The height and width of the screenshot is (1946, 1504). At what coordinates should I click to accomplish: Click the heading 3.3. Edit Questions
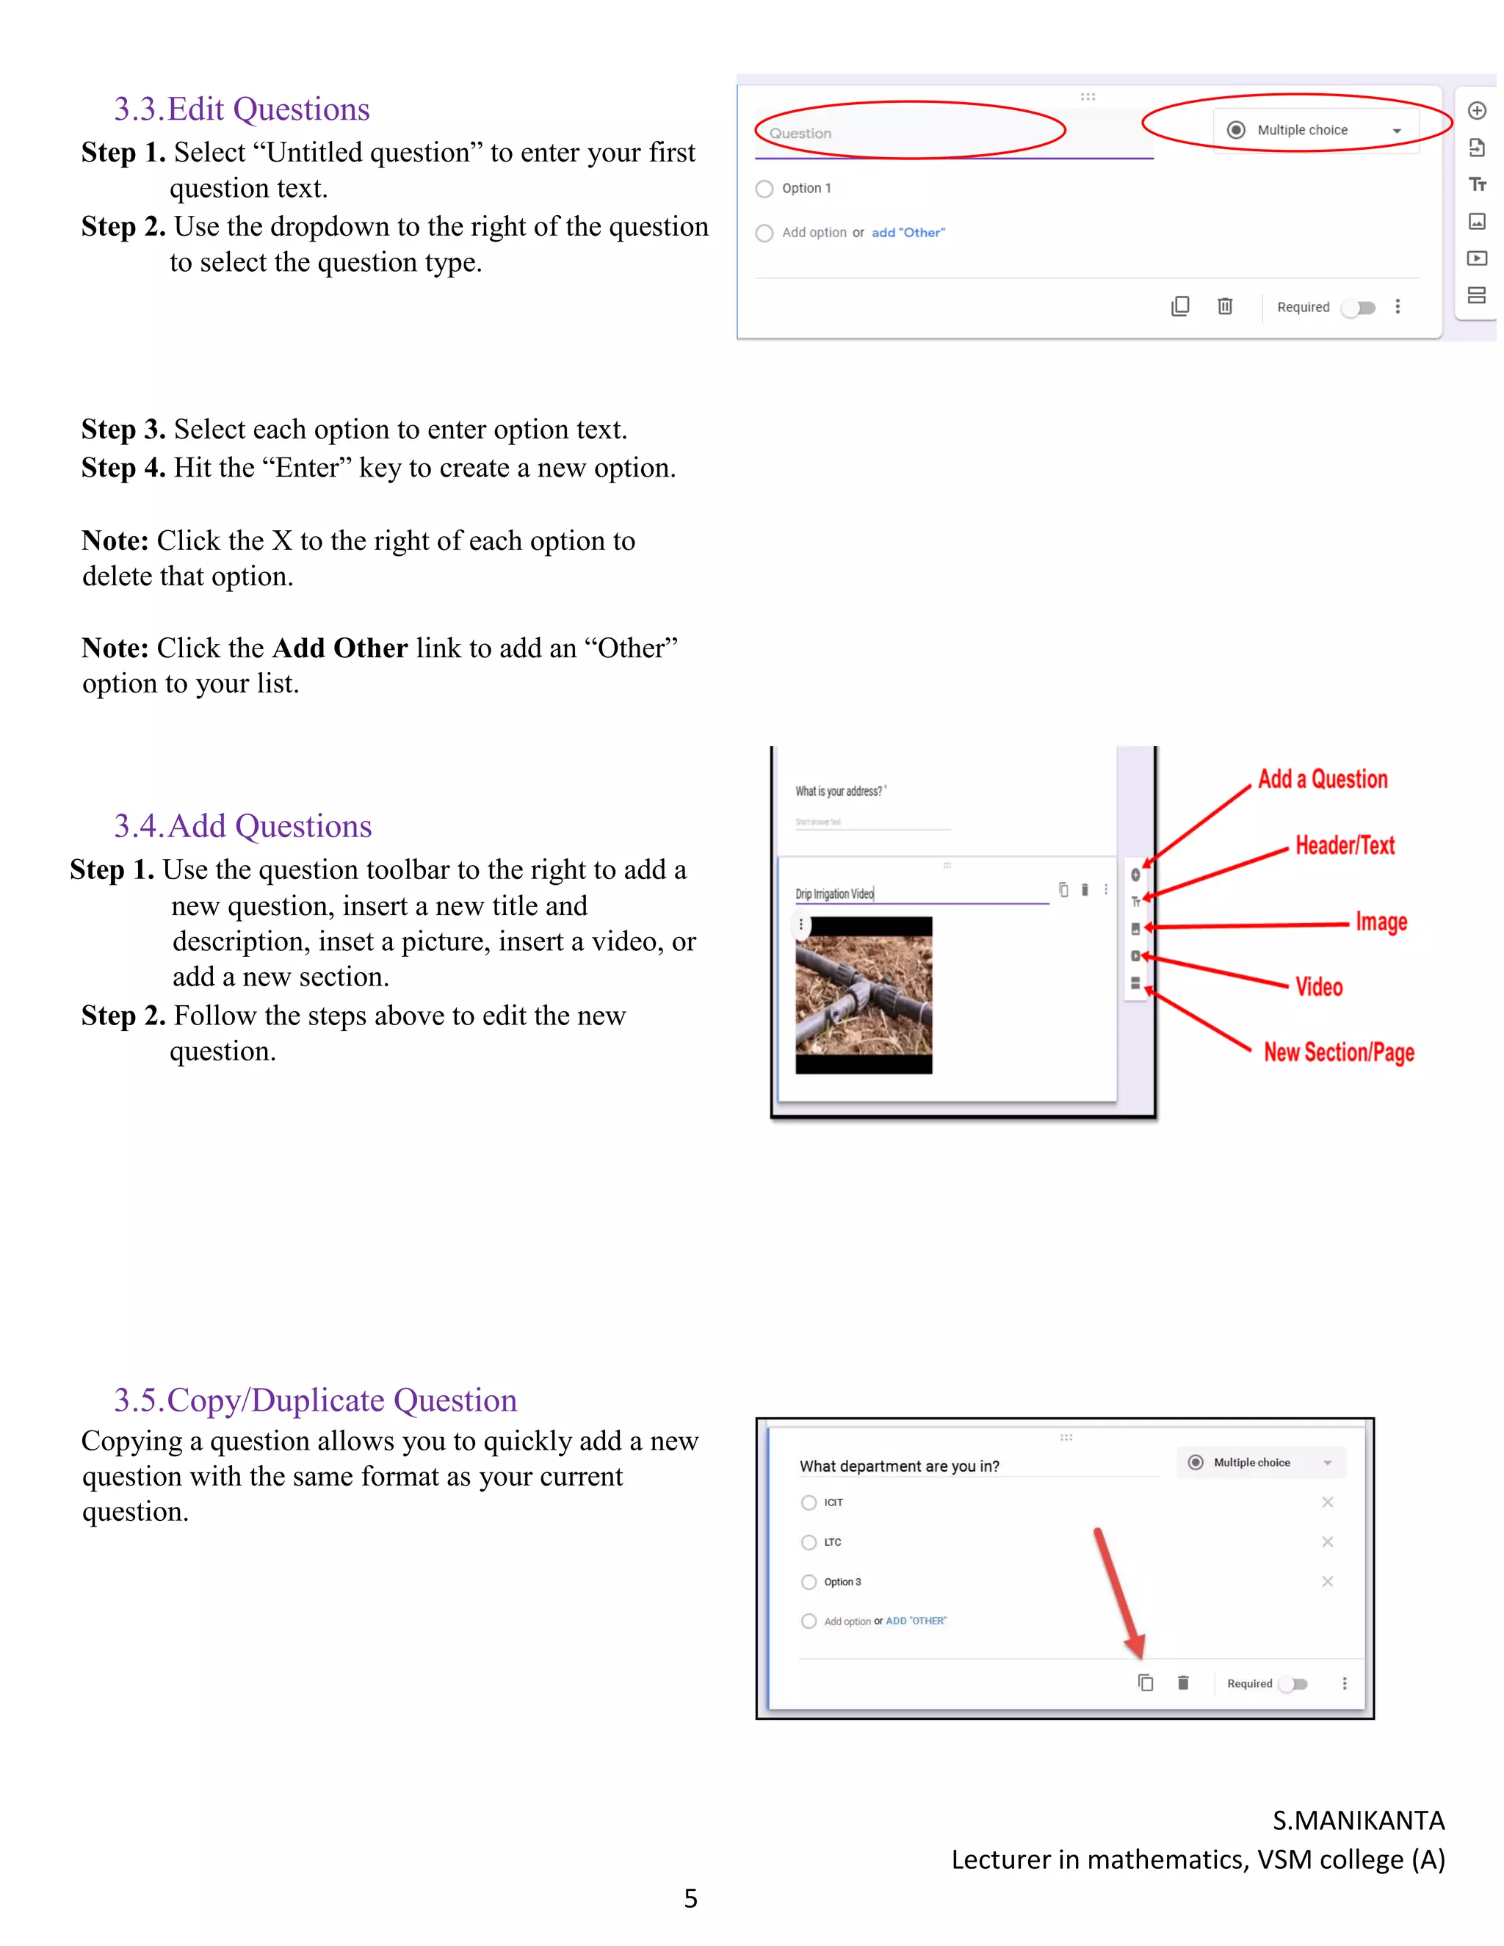coord(242,109)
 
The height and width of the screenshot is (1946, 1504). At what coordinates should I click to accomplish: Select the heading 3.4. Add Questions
coord(242,826)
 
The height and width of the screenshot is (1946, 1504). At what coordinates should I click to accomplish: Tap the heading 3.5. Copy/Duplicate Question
coord(315,1400)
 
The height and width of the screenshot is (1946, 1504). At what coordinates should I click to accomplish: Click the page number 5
coord(690,1898)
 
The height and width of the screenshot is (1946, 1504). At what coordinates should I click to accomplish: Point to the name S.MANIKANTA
coord(1358,1820)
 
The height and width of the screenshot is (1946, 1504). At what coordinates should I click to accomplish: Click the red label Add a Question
coord(1322,778)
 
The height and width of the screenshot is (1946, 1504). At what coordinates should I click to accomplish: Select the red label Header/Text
coord(1345,844)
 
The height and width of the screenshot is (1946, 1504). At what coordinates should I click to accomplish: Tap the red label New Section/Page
coord(1338,1052)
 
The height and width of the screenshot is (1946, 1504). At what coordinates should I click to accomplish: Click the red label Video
coord(1319,986)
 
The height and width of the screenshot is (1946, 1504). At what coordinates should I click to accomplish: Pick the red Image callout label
coord(1381,922)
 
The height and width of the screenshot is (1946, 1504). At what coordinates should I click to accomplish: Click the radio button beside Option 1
coord(764,189)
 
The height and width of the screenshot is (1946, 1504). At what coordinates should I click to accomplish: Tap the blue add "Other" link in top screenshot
coord(908,233)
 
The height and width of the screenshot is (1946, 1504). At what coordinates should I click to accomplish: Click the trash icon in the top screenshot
coord(1225,306)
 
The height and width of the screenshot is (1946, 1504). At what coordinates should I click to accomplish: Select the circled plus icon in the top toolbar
coord(1476,110)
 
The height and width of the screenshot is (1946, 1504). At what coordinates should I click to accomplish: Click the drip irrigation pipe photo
coord(864,994)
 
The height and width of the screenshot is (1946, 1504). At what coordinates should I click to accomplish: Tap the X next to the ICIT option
coord(1327,1502)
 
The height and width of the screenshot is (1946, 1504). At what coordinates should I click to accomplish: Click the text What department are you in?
coord(899,1466)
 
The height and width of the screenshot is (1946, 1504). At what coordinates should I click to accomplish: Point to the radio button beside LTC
coord(808,1542)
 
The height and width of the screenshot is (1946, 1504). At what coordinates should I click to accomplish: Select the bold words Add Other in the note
coord(339,648)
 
